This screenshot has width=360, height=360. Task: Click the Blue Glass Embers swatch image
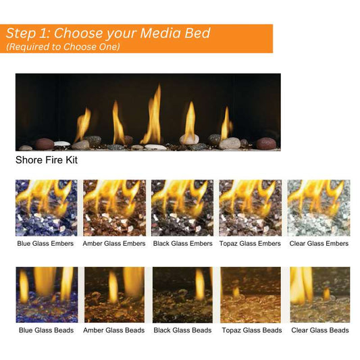point(46,207)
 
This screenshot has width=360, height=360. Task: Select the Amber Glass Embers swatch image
point(114,207)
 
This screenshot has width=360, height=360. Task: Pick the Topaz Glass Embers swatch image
point(250,207)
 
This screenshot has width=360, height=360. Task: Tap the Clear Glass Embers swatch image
point(318,207)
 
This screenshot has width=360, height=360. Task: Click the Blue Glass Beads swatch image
point(46,294)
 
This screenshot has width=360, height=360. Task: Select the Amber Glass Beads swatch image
point(114,294)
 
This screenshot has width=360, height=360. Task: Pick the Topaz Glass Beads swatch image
point(250,294)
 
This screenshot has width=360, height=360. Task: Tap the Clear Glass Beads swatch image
point(318,294)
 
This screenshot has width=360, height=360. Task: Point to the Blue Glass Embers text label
point(46,244)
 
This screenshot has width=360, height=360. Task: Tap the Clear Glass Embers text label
point(318,244)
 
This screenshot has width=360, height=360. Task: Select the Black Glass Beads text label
point(182,330)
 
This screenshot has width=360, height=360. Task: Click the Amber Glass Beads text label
point(114,330)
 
